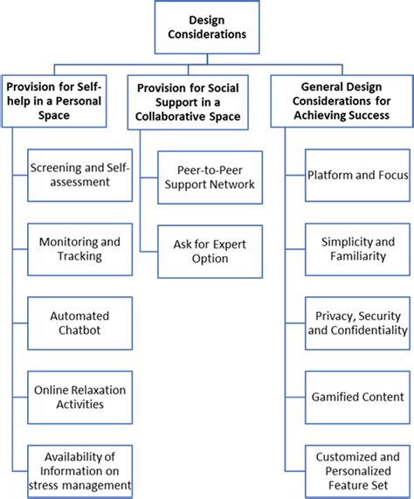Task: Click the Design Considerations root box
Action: [x=206, y=28]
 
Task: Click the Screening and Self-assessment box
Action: [x=80, y=175]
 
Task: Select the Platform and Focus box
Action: [x=358, y=175]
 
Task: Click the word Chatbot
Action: [x=79, y=329]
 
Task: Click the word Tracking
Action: [x=79, y=256]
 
